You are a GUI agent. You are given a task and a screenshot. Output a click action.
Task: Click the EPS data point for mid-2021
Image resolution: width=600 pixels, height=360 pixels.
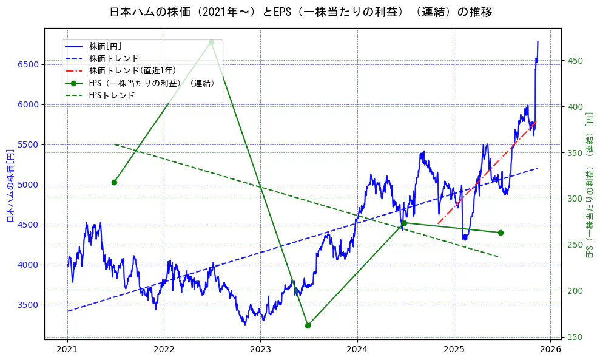[x=114, y=182]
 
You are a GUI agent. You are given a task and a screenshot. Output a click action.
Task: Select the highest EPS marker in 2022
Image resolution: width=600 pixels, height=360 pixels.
[x=211, y=42]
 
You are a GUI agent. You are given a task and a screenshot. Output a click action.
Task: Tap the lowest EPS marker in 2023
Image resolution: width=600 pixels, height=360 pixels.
[x=308, y=325]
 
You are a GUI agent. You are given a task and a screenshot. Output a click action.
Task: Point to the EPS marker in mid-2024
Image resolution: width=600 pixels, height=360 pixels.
[x=404, y=223]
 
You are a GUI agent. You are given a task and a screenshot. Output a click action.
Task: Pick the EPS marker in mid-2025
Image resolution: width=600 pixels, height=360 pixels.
[x=501, y=233]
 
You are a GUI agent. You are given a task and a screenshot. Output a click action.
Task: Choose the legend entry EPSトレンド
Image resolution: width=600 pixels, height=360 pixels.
[x=112, y=95]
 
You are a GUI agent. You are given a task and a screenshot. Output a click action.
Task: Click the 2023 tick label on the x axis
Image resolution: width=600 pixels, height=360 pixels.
[x=260, y=349]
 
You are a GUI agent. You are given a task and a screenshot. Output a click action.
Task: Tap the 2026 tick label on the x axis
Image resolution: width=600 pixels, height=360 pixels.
[x=550, y=349]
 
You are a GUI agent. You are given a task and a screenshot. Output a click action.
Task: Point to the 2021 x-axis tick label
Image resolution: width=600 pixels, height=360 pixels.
[x=67, y=349]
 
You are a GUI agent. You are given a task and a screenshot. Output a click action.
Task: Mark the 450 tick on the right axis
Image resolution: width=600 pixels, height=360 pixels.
[x=574, y=61]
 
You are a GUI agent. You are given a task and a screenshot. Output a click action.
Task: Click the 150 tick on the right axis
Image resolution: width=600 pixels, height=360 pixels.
[x=574, y=337]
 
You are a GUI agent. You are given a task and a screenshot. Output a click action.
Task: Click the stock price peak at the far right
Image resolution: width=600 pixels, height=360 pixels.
[x=538, y=42]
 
